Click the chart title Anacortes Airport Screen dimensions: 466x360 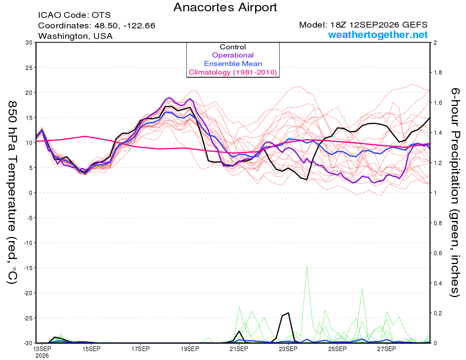(225, 7)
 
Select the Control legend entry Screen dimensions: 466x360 (233, 47)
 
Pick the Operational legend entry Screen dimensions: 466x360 (233, 55)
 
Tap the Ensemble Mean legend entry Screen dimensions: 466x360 (233, 64)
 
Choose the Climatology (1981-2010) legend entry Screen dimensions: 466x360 (233, 72)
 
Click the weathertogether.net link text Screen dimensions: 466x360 (378, 35)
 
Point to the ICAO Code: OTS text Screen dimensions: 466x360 (75, 15)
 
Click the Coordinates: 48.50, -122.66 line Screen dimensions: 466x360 (97, 26)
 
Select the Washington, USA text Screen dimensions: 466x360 (75, 36)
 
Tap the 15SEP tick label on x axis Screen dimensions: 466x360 (91, 349)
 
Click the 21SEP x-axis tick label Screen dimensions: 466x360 (239, 349)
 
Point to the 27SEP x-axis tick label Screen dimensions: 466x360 (387, 349)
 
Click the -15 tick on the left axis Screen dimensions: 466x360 (28, 268)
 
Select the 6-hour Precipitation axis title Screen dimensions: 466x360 (455, 193)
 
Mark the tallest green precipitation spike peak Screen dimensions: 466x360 (307, 267)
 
